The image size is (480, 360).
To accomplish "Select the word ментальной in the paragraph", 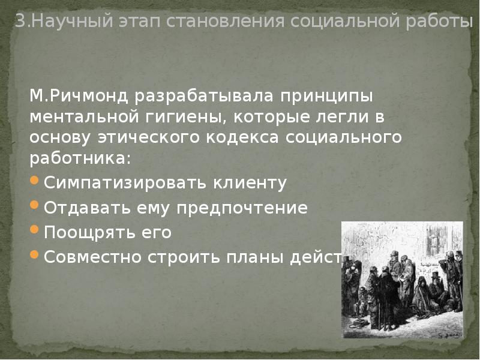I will (83, 117).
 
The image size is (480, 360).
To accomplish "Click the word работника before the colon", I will (77, 159).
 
